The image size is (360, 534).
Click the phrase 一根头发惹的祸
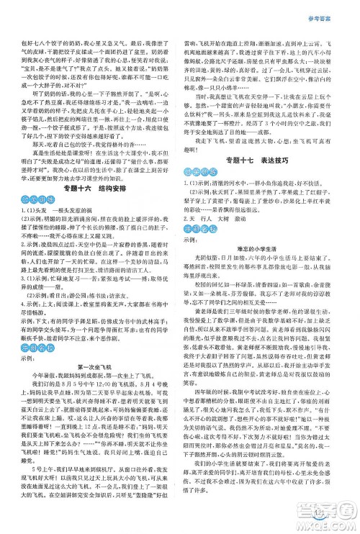[x=76, y=219]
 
